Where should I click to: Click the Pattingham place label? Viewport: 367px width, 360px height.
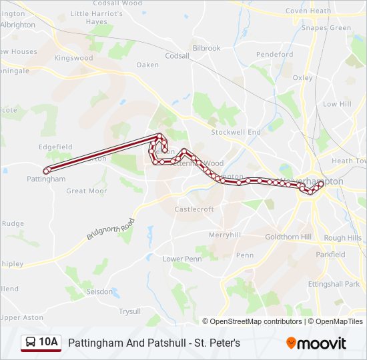click(46, 179)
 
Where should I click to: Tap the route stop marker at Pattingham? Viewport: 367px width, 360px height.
click(46, 171)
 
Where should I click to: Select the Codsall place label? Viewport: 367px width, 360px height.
click(177, 56)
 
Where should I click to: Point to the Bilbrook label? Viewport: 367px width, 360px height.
click(206, 48)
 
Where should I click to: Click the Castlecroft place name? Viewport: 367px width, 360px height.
click(194, 209)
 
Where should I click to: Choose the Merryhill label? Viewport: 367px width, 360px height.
click(224, 235)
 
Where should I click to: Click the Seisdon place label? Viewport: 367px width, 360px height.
click(100, 291)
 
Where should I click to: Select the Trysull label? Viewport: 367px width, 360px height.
click(129, 311)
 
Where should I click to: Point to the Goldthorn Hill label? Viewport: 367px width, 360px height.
click(288, 237)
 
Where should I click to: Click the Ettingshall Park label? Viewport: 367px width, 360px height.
click(334, 284)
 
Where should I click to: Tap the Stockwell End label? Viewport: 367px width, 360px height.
click(236, 132)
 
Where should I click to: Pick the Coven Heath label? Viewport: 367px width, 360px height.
click(308, 11)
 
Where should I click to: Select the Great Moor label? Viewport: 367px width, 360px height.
click(86, 191)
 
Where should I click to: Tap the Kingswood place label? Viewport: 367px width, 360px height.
click(73, 58)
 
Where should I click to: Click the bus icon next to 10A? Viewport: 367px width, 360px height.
click(31, 343)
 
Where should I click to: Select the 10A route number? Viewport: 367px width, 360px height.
click(49, 343)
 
